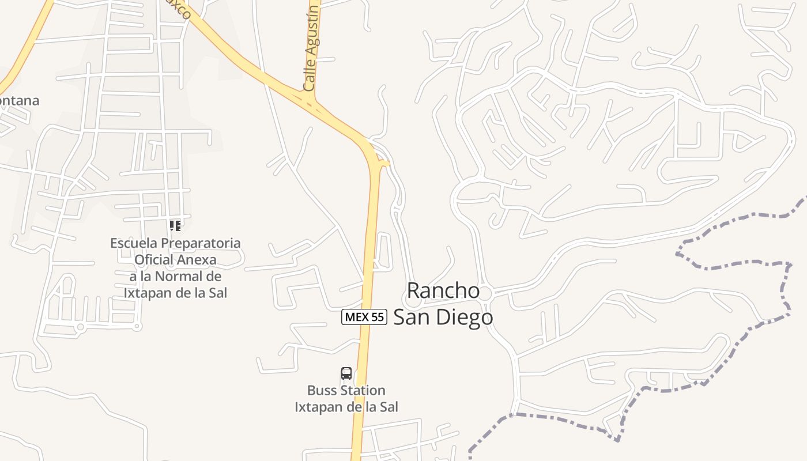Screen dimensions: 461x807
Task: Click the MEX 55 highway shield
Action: click(364, 316)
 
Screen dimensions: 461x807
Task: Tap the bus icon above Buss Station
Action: click(346, 373)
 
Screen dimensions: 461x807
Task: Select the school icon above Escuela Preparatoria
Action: click(175, 225)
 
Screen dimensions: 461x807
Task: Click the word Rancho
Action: click(443, 290)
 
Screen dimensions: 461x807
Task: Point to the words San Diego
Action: click(443, 317)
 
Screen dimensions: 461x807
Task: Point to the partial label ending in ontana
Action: click(20, 101)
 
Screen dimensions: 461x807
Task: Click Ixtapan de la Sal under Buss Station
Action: click(346, 407)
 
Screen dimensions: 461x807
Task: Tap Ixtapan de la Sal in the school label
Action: click(175, 293)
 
